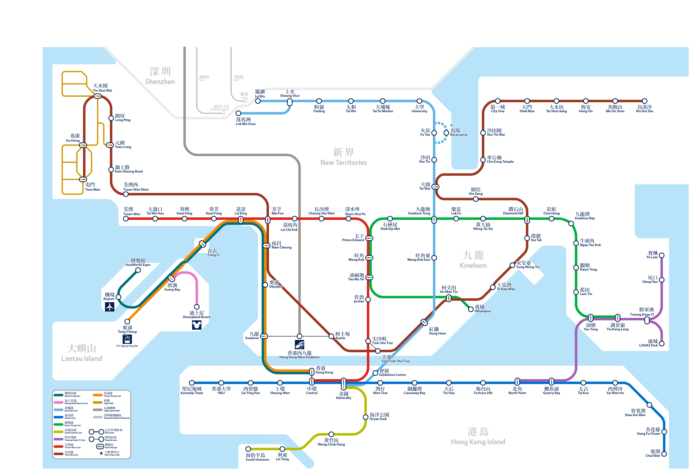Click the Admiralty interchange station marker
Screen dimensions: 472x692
tap(343, 384)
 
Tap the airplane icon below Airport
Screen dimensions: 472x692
tap(110, 307)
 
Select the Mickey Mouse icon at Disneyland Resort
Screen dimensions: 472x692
tap(196, 325)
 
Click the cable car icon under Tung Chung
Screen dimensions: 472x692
tap(127, 339)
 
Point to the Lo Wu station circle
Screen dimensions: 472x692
tap(258, 101)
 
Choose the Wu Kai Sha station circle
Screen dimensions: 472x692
tap(644, 101)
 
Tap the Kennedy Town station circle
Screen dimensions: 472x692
tap(192, 383)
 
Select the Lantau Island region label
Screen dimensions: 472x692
tap(81, 353)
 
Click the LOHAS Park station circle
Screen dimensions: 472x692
tap(662, 344)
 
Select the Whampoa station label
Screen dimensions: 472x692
tap(482, 309)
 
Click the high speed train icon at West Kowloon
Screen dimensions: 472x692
tap(300, 345)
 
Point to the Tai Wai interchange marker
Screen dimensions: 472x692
tap(435, 187)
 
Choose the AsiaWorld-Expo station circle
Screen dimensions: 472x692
tap(138, 270)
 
